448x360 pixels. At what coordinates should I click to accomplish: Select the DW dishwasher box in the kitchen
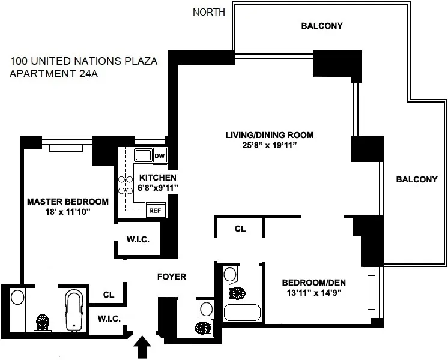tap(159, 157)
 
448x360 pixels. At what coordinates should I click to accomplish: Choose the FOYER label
tap(171, 277)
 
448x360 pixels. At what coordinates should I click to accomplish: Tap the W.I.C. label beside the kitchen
tap(138, 239)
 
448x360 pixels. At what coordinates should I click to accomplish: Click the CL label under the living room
tap(240, 229)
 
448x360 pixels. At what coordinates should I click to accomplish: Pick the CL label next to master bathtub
tap(108, 295)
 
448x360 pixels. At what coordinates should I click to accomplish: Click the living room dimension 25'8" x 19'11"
tap(269, 145)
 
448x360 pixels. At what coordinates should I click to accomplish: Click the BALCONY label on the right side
tap(416, 179)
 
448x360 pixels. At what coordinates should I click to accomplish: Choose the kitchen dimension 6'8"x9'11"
tap(158, 188)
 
